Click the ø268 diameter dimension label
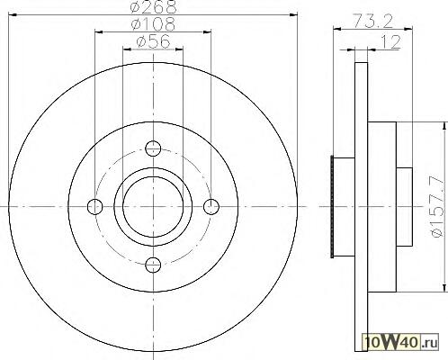coord(154,6)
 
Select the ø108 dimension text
coord(153,24)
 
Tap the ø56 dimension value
coord(153,41)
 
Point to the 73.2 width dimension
coord(372,21)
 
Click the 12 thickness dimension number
coord(390,42)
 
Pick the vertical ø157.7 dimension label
coord(437,207)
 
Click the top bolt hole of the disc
coord(153,148)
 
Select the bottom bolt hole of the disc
coord(153,265)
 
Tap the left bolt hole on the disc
coord(94,207)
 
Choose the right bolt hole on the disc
coord(211,207)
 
